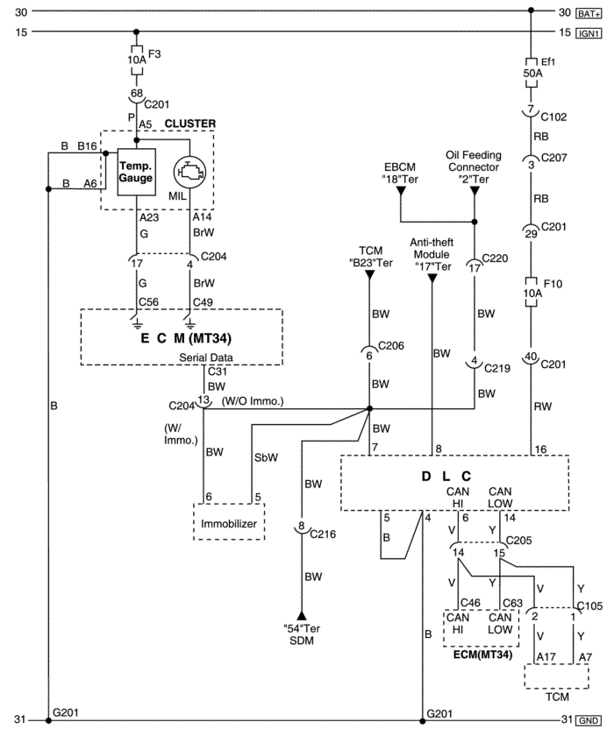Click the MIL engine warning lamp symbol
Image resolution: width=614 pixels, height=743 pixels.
tap(189, 173)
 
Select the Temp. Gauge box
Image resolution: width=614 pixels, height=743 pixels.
tap(137, 172)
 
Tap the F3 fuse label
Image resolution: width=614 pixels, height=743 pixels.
tap(154, 54)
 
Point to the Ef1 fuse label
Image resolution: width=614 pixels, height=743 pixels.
tap(548, 61)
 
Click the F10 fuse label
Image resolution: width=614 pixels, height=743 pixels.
tap(553, 284)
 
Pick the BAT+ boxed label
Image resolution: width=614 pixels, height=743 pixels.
tap(589, 13)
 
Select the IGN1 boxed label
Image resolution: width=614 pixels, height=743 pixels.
tap(589, 33)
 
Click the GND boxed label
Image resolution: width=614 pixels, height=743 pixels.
tap(589, 720)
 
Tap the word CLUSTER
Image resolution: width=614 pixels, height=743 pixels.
tap(189, 124)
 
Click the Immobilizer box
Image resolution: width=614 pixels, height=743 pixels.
tap(229, 521)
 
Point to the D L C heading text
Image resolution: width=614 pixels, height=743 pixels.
tap(446, 476)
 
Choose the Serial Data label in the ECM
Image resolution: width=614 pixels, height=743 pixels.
tap(206, 357)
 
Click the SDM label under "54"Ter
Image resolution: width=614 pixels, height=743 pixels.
tap(302, 640)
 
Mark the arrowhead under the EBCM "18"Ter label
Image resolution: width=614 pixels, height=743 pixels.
tap(401, 190)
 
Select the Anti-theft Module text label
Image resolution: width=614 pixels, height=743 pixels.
tap(432, 248)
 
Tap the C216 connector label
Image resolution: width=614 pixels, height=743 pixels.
tap(323, 534)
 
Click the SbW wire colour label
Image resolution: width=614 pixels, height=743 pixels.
tap(266, 457)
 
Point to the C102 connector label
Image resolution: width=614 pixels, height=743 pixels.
tap(553, 117)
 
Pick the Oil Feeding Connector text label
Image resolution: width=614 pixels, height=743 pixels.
tap(473, 161)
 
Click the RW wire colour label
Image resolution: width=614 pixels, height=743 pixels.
tap(543, 407)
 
